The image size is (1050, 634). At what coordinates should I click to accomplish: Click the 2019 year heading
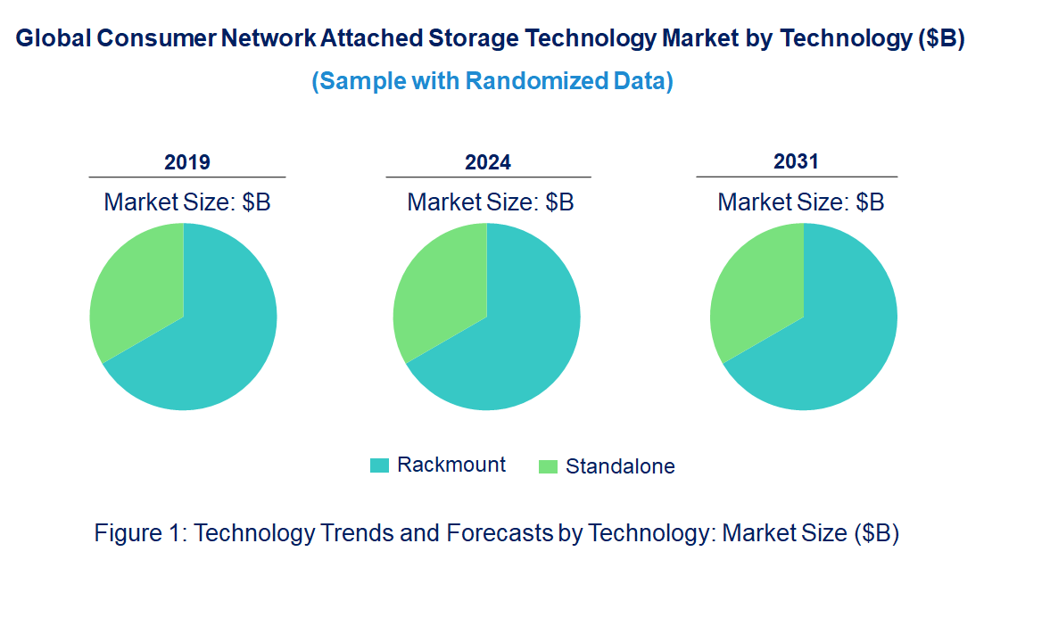click(187, 162)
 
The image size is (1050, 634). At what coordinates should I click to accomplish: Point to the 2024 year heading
click(488, 162)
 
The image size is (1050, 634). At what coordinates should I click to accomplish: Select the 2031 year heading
click(796, 161)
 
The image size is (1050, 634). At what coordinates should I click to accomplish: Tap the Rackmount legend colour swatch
click(379, 465)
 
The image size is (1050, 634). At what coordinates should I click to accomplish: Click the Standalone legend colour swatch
click(548, 466)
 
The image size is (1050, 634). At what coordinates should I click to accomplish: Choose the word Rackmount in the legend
click(451, 465)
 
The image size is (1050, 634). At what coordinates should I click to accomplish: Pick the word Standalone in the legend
click(620, 466)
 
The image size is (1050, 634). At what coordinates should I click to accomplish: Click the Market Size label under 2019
click(187, 202)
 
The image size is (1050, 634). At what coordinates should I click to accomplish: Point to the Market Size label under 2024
click(491, 202)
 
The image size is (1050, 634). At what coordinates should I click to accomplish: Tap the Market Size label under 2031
click(801, 202)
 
